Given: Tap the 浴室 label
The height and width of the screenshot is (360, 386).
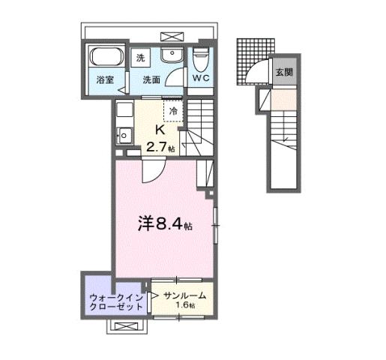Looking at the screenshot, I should click(105, 80).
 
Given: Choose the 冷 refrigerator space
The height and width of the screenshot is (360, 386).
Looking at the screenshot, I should click(173, 111).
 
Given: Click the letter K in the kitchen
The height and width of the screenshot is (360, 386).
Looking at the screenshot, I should click(159, 128).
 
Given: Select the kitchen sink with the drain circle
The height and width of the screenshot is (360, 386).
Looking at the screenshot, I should click(124, 136).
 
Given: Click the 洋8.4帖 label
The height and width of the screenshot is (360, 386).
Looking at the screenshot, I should click(163, 223).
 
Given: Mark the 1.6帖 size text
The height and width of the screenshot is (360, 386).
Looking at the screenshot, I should click(185, 307).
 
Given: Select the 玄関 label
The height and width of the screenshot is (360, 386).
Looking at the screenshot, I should click(283, 72).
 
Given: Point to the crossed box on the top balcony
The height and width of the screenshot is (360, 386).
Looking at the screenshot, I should click(171, 35).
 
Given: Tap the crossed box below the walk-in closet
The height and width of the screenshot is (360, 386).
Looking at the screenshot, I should click(126, 327).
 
